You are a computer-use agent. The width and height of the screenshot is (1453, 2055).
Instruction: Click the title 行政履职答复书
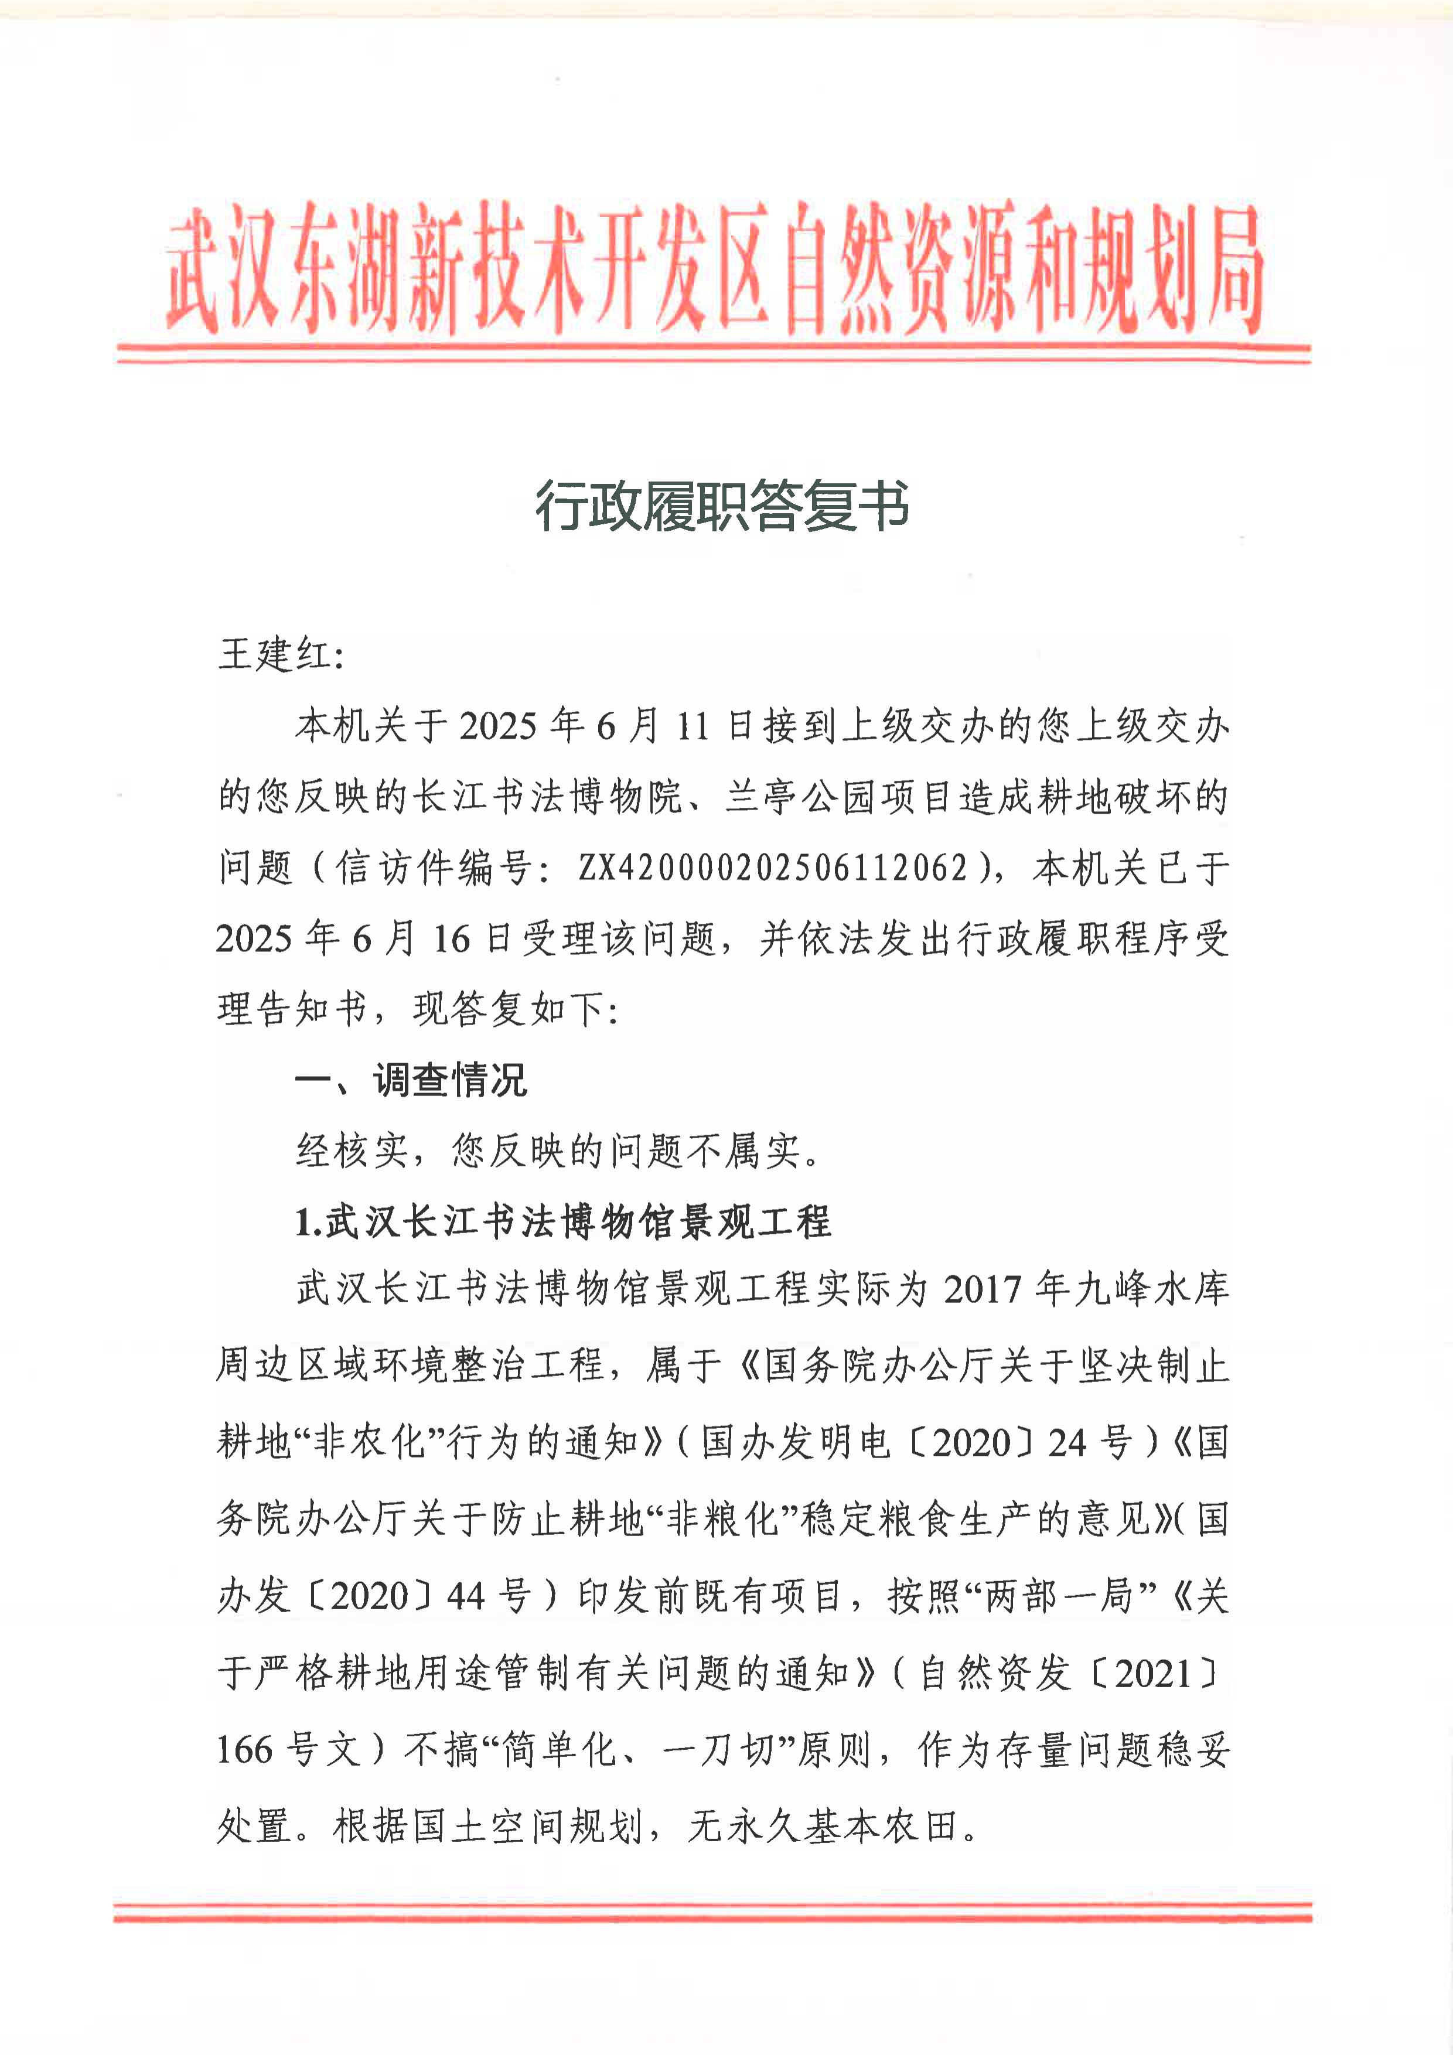(722, 505)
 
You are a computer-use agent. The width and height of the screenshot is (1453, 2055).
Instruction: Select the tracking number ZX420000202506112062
(773, 868)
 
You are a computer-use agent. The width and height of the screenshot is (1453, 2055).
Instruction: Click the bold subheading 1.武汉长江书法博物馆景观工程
(563, 1222)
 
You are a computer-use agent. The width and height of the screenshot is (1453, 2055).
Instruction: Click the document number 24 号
(1090, 1443)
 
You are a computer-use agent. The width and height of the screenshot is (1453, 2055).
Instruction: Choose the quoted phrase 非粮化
(722, 1520)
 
